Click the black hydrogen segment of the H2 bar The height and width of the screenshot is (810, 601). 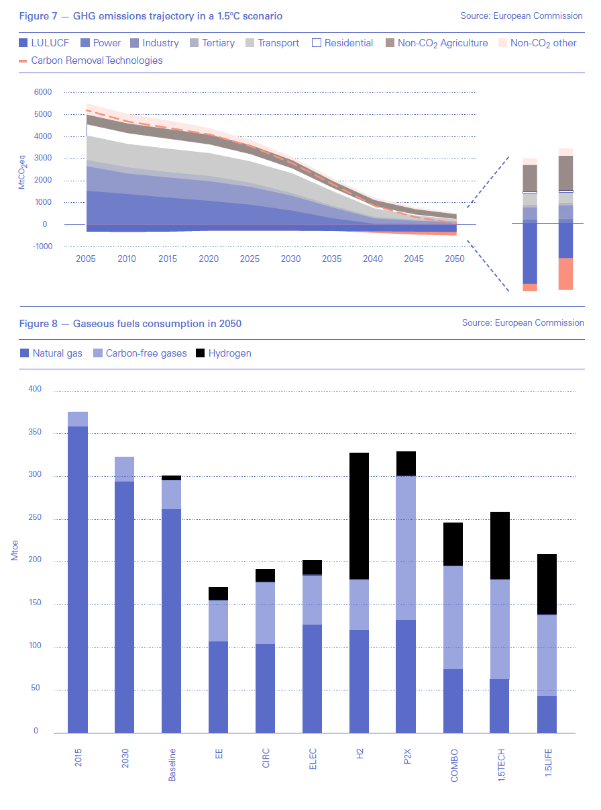pos(360,516)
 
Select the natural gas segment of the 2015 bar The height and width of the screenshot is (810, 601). pos(78,579)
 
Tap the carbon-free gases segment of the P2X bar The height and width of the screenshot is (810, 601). pos(406,547)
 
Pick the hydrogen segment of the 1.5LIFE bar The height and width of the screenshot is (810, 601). pos(547,584)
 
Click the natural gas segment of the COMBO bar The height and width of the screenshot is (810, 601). pos(453,701)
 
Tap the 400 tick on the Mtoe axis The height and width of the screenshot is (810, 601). pos(35,390)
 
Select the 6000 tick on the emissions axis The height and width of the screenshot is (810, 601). pos(42,92)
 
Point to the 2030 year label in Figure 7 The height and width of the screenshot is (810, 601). pos(290,259)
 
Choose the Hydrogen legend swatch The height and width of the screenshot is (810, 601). pos(201,353)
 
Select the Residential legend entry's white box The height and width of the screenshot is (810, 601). pos(316,43)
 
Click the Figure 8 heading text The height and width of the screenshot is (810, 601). pos(130,324)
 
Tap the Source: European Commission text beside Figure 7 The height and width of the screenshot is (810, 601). pos(522,15)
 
